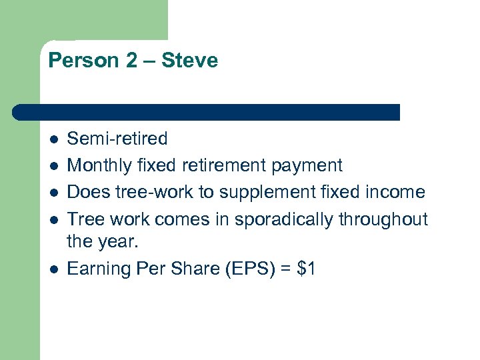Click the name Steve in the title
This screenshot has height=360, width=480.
[190, 61]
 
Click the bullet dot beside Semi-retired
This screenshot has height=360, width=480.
[53, 139]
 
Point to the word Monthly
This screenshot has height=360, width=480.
[99, 165]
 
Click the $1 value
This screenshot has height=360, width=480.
[307, 269]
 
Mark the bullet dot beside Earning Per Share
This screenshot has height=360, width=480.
[53, 269]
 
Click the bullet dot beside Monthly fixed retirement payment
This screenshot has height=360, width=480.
[53, 166]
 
